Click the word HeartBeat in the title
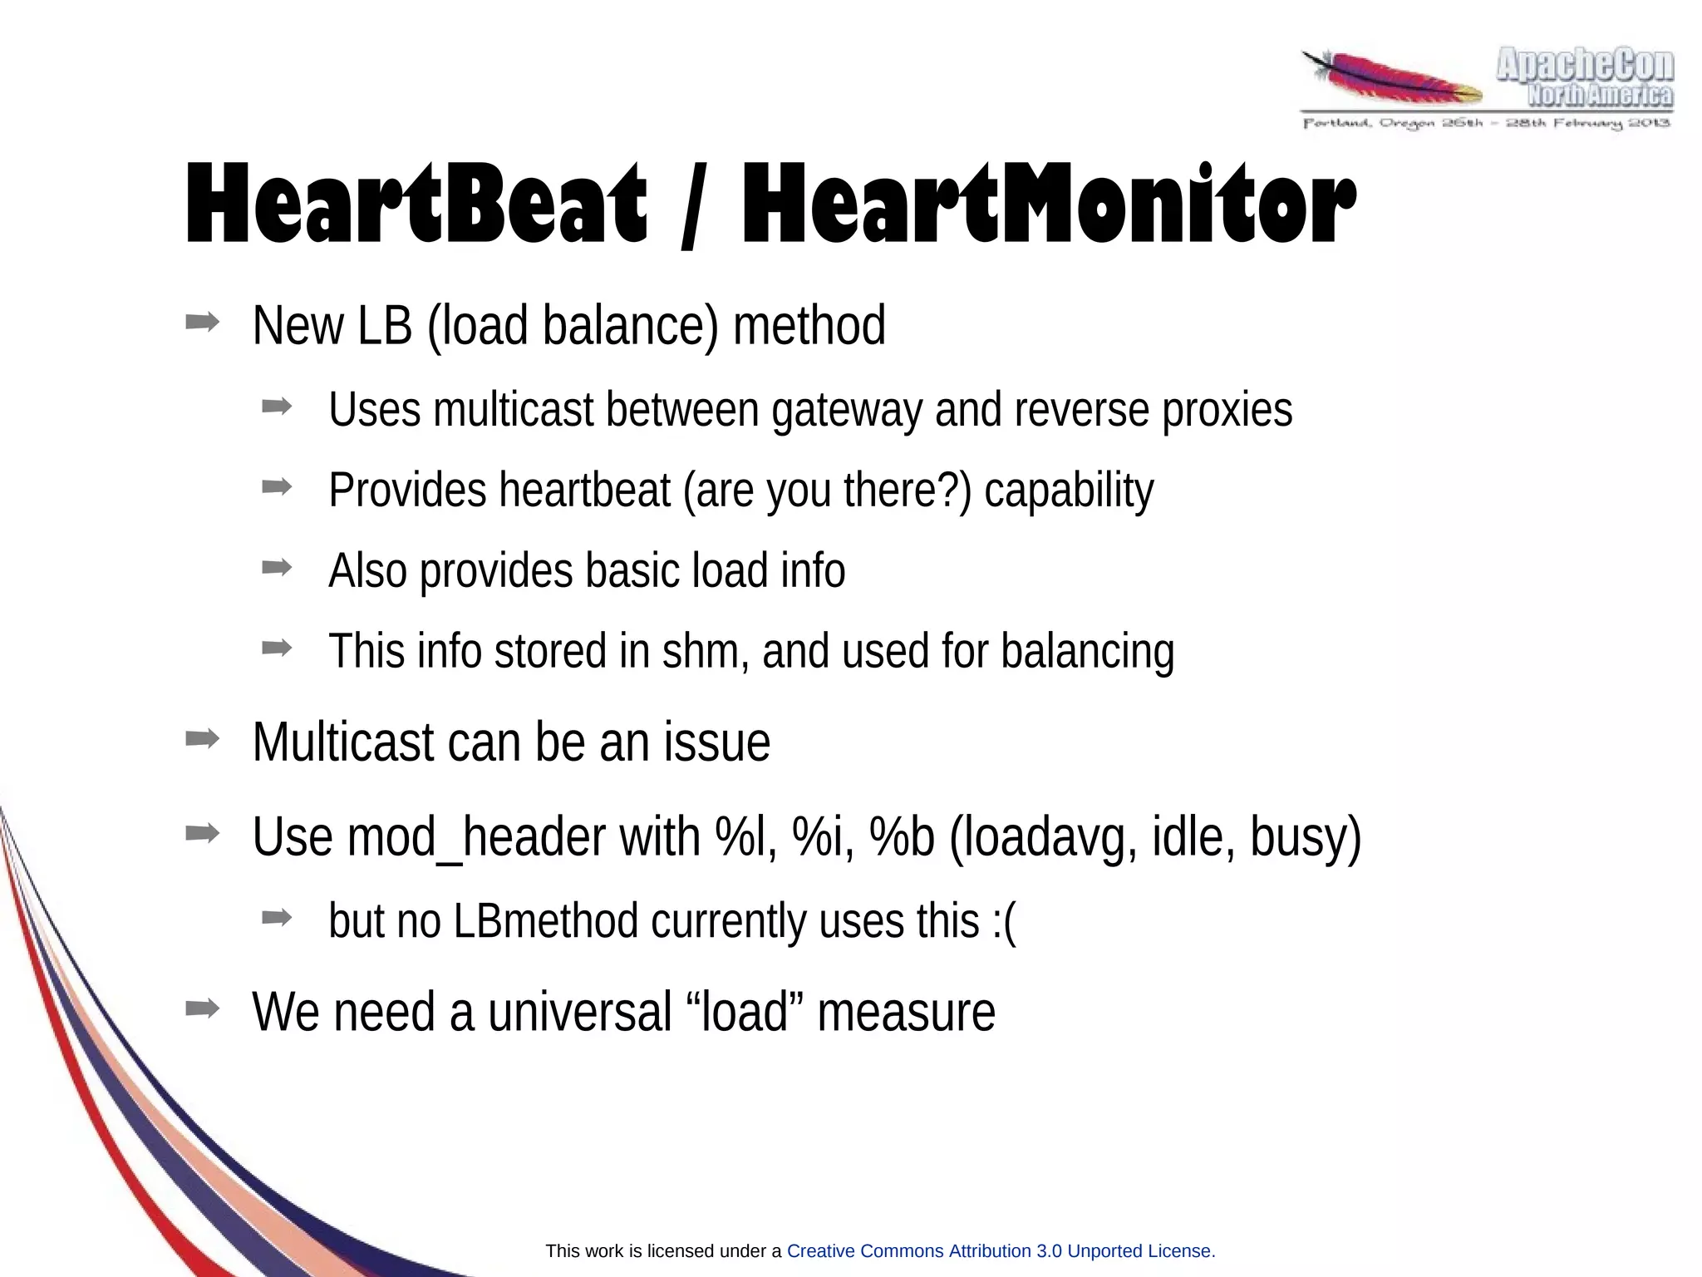click(416, 204)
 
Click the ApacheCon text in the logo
click(1585, 66)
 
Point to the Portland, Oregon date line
click(1486, 124)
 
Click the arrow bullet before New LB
click(202, 322)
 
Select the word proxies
click(1227, 410)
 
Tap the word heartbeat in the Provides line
click(584, 490)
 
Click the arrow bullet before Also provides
click(276, 568)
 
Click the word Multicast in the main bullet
click(342, 742)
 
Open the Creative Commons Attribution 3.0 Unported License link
click(1001, 1250)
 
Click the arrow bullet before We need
click(202, 1008)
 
